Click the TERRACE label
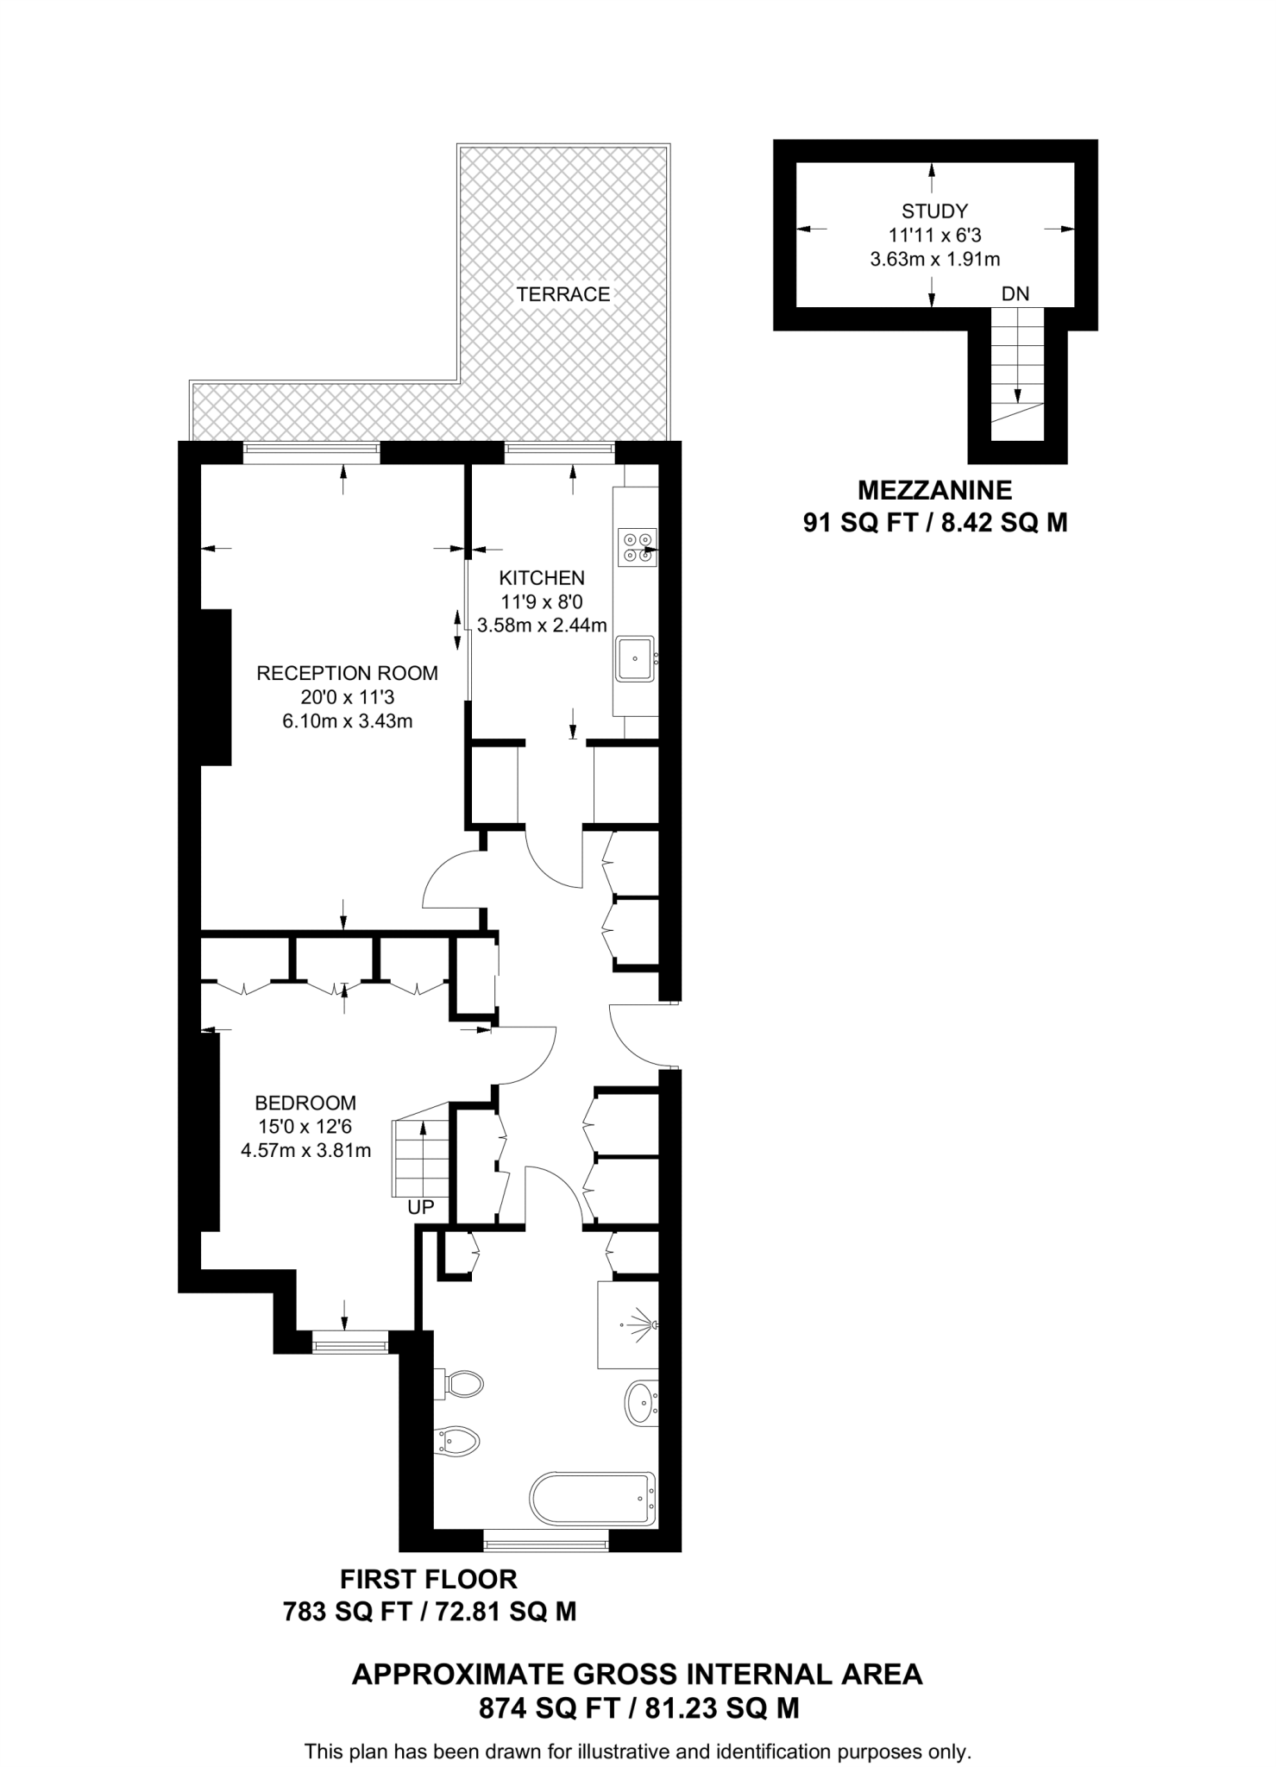pos(563,294)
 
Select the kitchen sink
pos(635,659)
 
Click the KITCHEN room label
pos(542,577)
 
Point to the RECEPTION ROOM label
pos(347,673)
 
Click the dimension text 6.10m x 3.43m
pos(347,721)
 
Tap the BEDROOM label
pos(305,1103)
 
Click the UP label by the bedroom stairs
pos(420,1208)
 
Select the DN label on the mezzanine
pos(1015,294)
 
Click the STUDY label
pos(934,211)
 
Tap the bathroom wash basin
pos(640,1404)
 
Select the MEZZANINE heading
pos(934,490)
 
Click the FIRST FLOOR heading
pos(429,1579)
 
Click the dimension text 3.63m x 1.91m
pos(934,259)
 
